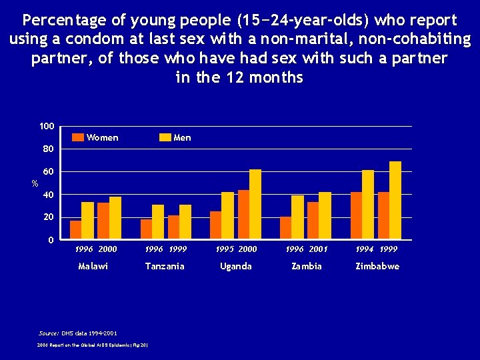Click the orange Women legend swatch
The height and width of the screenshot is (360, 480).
click(x=78, y=138)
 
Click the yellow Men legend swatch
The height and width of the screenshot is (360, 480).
click(x=165, y=138)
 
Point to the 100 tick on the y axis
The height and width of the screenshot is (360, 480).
click(x=47, y=127)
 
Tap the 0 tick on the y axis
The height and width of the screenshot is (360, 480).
click(x=51, y=240)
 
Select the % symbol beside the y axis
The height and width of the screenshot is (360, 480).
click(x=36, y=183)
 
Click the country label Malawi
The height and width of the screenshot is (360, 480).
click(x=93, y=266)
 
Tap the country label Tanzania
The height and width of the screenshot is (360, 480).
click(x=165, y=266)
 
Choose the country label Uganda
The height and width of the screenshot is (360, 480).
click(x=236, y=266)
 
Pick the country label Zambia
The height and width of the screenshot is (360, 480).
click(x=307, y=266)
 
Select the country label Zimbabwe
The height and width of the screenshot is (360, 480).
click(x=377, y=266)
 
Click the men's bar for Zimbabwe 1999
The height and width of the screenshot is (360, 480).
click(x=395, y=200)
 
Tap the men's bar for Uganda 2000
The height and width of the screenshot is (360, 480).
click(x=255, y=204)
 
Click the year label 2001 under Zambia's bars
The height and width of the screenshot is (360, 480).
click(x=319, y=249)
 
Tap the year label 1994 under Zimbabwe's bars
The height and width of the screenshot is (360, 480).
click(x=365, y=249)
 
